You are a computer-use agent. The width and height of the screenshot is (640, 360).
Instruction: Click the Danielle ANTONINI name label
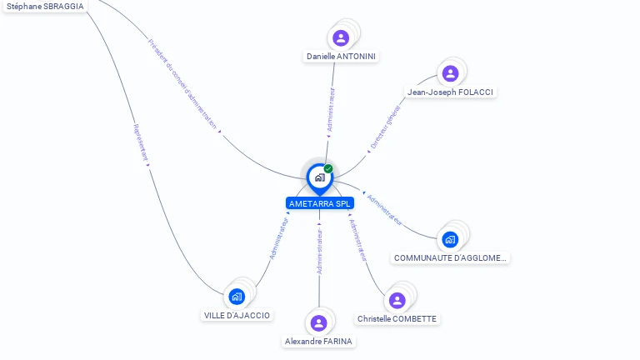tap(341, 57)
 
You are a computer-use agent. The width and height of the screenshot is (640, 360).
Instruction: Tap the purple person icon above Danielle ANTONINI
tap(341, 37)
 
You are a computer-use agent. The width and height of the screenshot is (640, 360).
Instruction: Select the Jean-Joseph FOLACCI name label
tap(452, 92)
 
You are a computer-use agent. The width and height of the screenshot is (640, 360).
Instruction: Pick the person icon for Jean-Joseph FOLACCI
tap(450, 73)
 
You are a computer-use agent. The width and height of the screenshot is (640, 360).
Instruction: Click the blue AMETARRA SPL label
tap(320, 203)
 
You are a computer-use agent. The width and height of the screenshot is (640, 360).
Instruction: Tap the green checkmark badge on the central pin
tap(328, 168)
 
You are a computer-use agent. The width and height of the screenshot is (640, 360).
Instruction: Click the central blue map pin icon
tap(319, 177)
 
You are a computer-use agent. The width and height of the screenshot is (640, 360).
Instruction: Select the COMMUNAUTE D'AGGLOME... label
tap(450, 258)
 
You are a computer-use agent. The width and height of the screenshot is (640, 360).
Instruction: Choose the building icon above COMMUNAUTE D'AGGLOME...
tap(450, 240)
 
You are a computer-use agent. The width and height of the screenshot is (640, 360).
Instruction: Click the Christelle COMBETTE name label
tap(397, 319)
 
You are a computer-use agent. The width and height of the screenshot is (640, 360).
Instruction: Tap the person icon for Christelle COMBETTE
tap(397, 300)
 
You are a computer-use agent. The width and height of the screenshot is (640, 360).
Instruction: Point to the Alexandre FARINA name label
tap(318, 342)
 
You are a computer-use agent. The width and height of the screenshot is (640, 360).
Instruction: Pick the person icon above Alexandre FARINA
tap(318, 322)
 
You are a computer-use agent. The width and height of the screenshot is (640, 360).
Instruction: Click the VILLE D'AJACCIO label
tap(237, 316)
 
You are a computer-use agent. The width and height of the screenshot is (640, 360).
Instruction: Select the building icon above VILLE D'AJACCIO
tap(237, 296)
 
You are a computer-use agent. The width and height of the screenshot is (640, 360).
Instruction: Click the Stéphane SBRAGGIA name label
tap(45, 6)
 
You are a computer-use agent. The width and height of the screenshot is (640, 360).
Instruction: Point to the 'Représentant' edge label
tap(141, 142)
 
